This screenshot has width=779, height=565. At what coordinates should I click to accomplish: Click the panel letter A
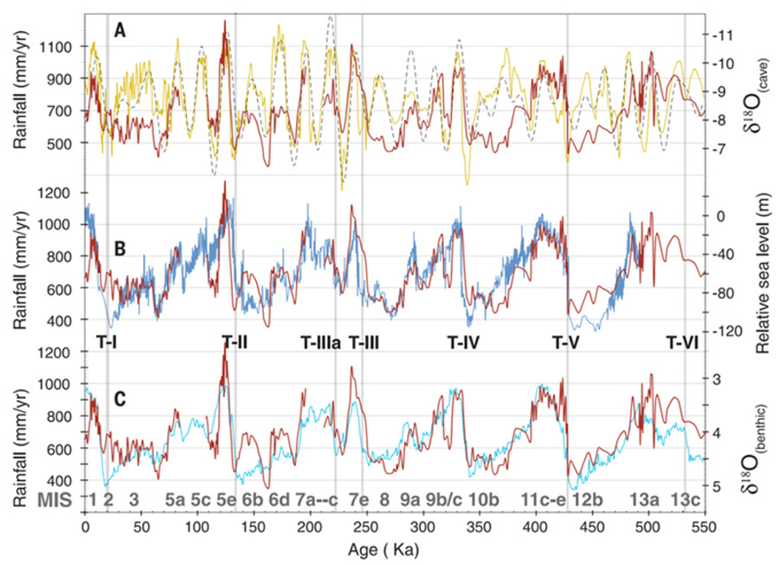[x=121, y=31]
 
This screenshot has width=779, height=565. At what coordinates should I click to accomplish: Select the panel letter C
[x=121, y=399]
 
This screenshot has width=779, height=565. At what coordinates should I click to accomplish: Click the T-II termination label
[x=235, y=342]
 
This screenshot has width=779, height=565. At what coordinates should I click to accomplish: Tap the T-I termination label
[x=107, y=342]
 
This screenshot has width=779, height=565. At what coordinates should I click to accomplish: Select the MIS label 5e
[x=227, y=500]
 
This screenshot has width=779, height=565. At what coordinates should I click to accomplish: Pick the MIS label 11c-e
[x=543, y=500]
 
